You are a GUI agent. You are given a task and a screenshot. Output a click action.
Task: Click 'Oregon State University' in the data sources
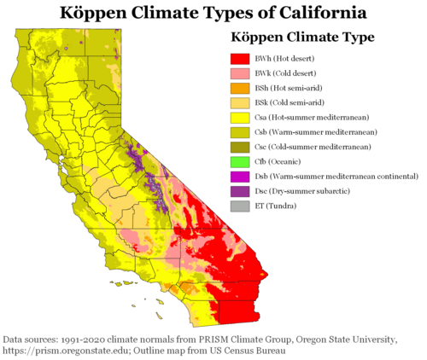tap(332, 339)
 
